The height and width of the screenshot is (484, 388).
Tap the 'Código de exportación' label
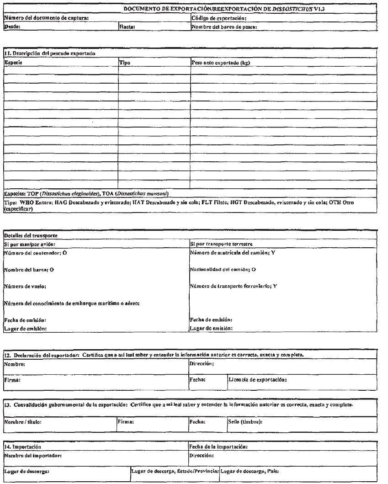pyautogui.click(x=219, y=18)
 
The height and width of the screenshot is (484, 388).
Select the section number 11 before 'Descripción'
pyautogui.click(x=6, y=53)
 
